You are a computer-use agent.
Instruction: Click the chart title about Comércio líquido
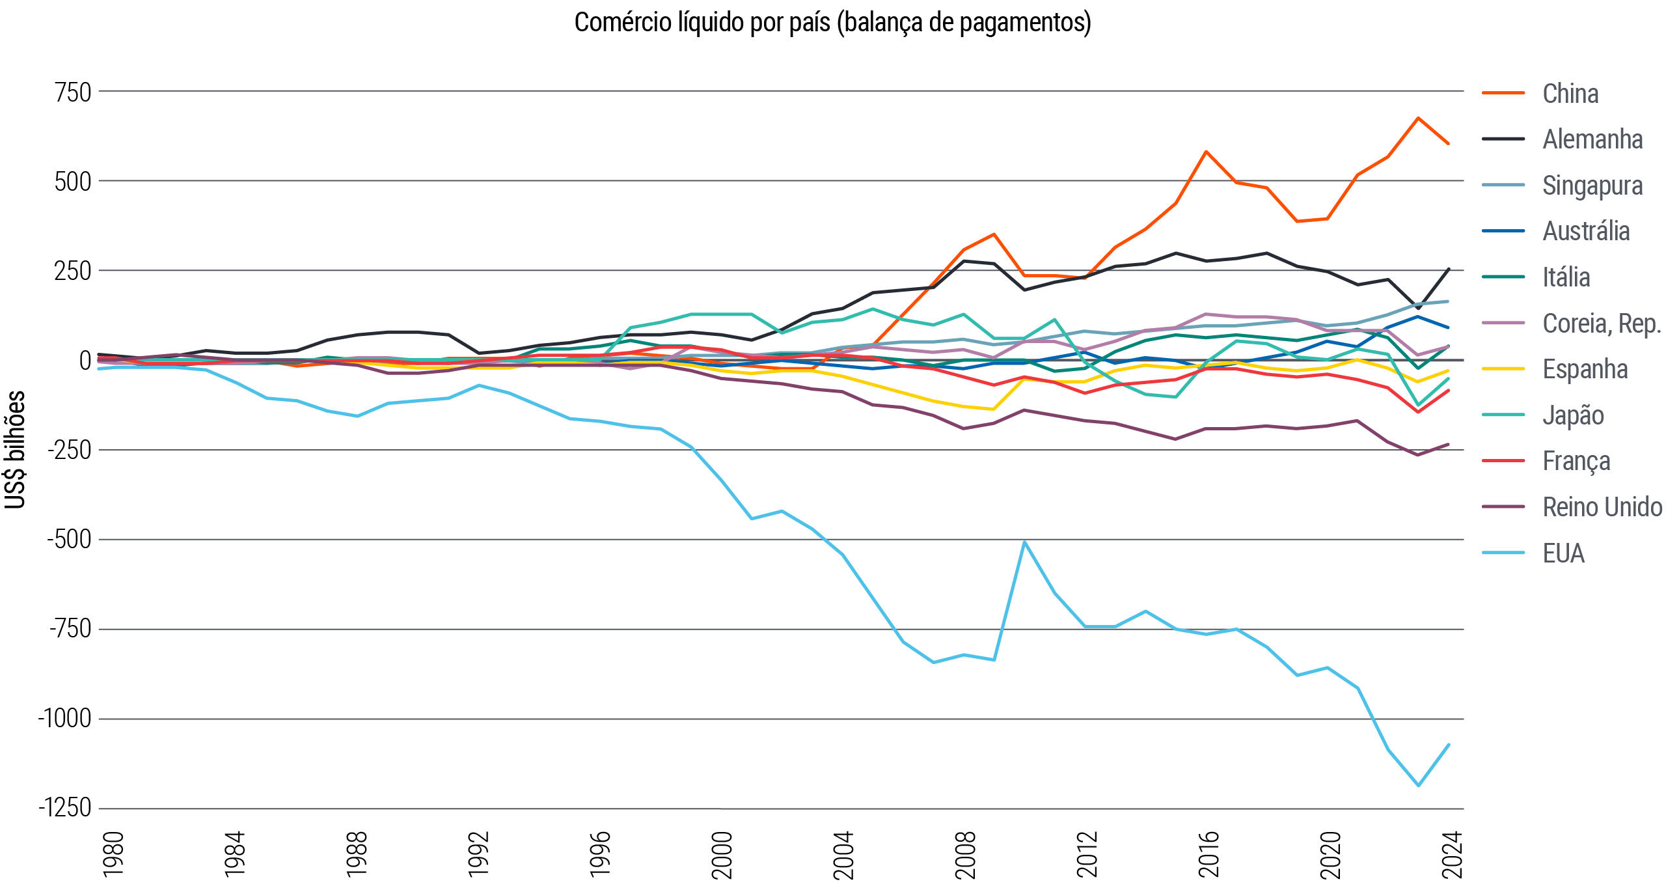832,22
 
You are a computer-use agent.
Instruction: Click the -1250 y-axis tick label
65,808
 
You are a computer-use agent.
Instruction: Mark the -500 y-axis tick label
69,540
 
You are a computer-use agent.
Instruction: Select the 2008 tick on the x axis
965,854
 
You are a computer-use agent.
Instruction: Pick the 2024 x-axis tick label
1453,854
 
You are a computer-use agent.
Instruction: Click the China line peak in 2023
1418,118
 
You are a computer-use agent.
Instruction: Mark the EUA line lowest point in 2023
1419,785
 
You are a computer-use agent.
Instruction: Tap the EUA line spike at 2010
1024,542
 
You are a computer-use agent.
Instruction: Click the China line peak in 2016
1206,152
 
